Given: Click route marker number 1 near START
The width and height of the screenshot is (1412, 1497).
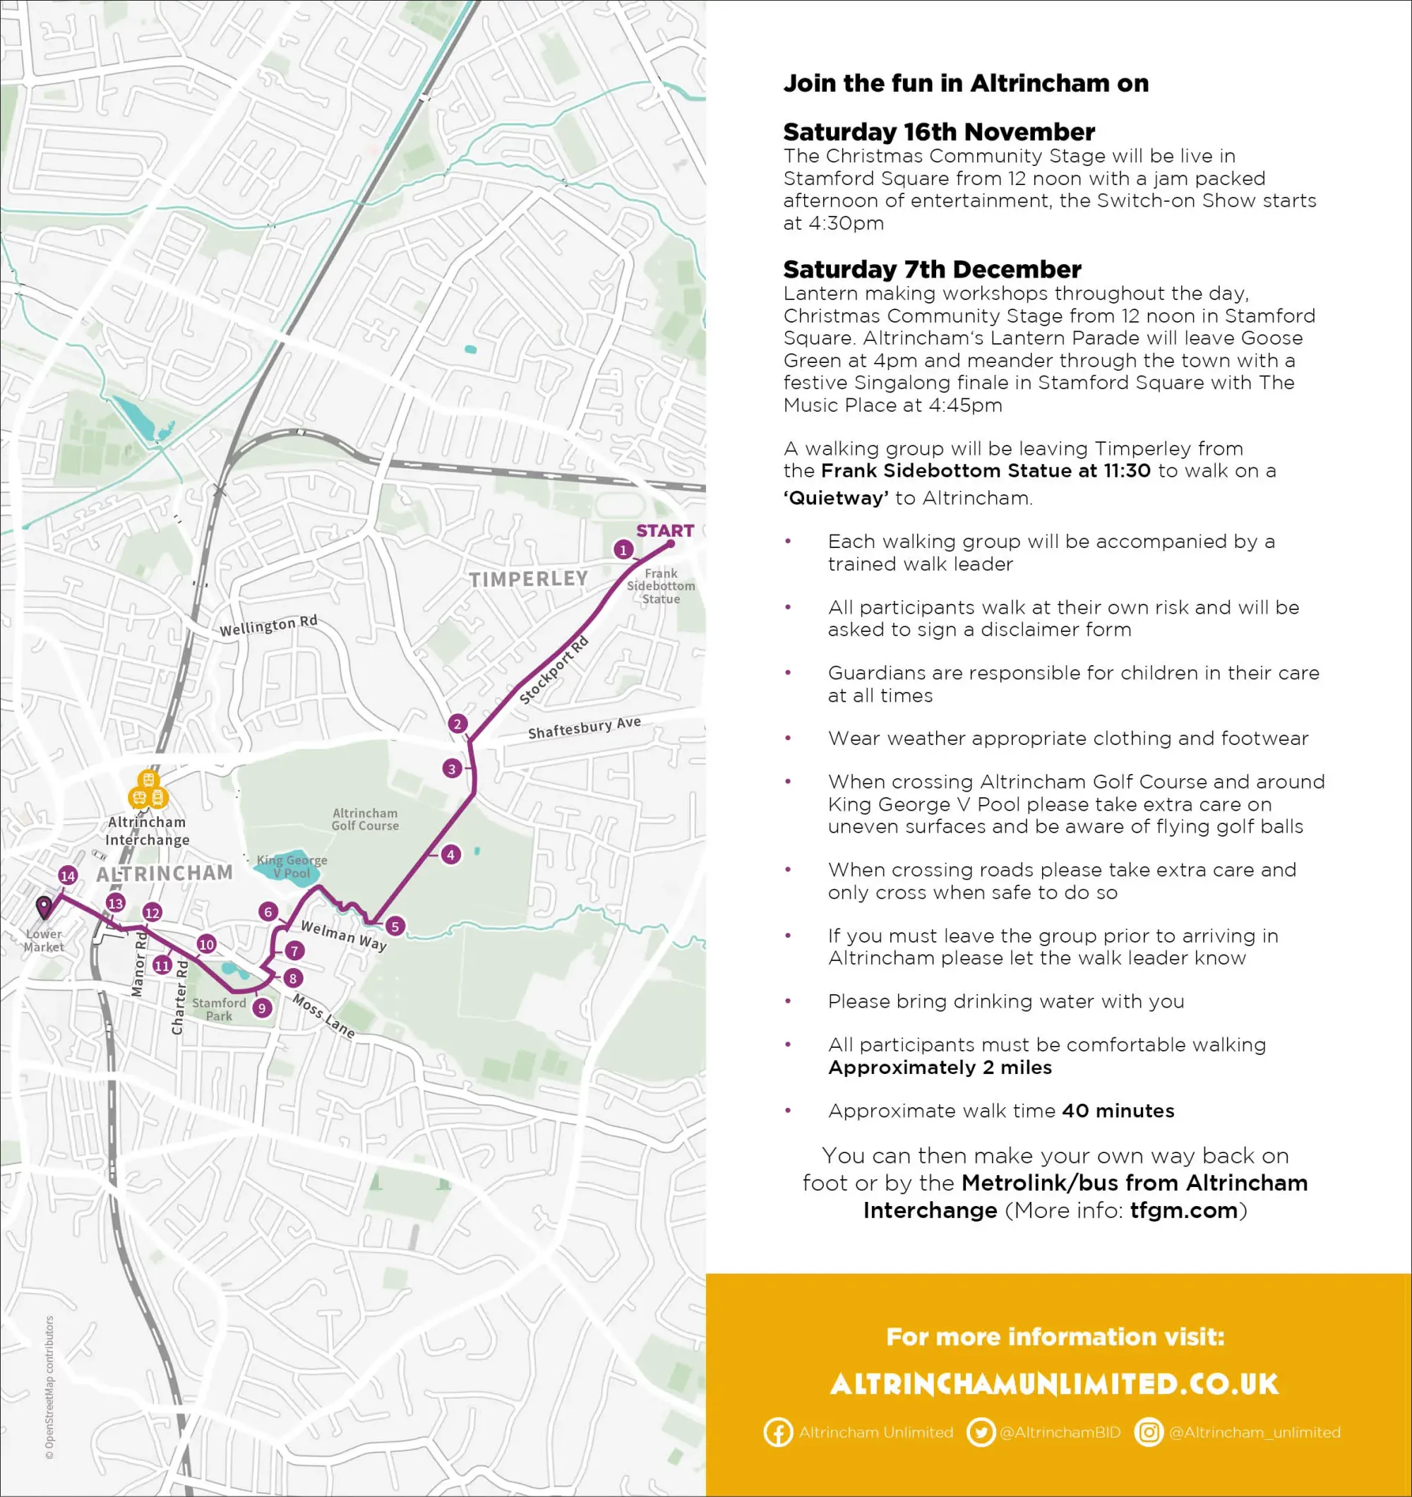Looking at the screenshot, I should (x=623, y=549).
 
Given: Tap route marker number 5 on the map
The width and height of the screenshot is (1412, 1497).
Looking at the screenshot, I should (x=395, y=926).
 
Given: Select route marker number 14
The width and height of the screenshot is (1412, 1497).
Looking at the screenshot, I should (x=68, y=876).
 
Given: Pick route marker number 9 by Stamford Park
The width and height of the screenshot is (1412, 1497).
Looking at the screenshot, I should (x=262, y=1008).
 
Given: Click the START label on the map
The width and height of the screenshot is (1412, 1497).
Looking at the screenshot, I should (x=664, y=531).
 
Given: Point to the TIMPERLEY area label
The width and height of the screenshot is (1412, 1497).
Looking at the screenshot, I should (x=528, y=578).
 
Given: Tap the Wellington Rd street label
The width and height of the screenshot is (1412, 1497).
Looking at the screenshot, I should (x=268, y=625).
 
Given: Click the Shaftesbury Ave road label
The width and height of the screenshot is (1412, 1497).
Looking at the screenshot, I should (x=585, y=727).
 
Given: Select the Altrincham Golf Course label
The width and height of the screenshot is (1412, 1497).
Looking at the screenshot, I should (x=365, y=819).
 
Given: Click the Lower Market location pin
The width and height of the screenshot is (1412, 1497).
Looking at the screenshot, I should (x=44, y=907).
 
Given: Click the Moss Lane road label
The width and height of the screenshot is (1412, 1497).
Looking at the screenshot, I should (x=323, y=1016).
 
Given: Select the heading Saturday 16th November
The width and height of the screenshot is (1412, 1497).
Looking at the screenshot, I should (x=938, y=132).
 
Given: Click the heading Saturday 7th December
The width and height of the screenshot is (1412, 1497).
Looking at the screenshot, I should (x=931, y=269).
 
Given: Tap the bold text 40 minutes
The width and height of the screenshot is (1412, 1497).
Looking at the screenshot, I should (x=1118, y=1111).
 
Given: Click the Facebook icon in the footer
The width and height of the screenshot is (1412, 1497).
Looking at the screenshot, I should (x=778, y=1432).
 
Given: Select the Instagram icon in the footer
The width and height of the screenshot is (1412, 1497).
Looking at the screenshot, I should (x=1149, y=1432).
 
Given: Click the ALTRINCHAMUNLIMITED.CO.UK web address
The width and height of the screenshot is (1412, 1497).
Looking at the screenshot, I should (x=1054, y=1384).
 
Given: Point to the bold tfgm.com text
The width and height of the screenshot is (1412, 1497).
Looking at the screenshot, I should (x=1184, y=1210).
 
